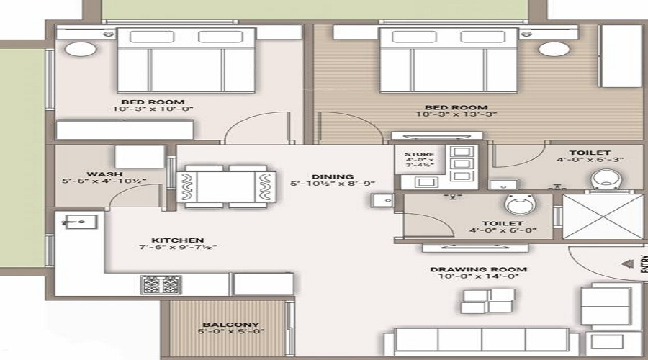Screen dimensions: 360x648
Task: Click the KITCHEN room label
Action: click(x=177, y=240)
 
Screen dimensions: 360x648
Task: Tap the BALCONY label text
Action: click(x=230, y=325)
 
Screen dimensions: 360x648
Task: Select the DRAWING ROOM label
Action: click(x=478, y=270)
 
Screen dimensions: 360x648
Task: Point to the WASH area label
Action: click(x=104, y=174)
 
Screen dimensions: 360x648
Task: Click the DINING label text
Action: click(x=332, y=176)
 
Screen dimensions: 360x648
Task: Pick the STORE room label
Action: click(x=419, y=154)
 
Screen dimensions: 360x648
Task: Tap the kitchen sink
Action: click(x=75, y=222)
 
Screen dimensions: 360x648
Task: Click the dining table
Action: click(x=226, y=186)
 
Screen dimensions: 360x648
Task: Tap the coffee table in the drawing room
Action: click(x=487, y=301)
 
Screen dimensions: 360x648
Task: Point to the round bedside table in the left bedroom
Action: click(x=75, y=49)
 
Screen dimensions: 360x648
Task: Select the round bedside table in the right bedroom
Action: click(x=554, y=49)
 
